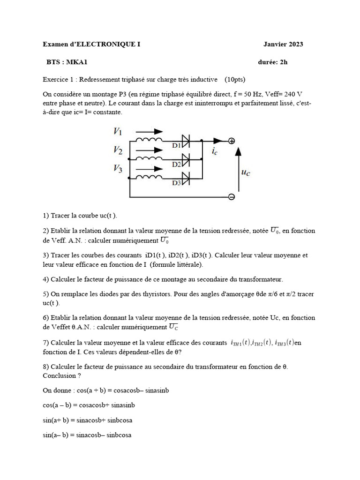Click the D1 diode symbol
click(186, 141)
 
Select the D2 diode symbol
click(186, 160)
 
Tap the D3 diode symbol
click(186, 178)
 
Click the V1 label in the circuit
click(118, 132)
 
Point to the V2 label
click(118, 150)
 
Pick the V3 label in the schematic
click(118, 169)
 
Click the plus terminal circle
click(231, 141)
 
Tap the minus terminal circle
click(231, 197)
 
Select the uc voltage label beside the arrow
click(246, 172)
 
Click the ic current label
click(214, 151)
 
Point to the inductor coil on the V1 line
click(149, 140)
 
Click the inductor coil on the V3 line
click(149, 177)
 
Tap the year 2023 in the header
click(294, 45)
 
